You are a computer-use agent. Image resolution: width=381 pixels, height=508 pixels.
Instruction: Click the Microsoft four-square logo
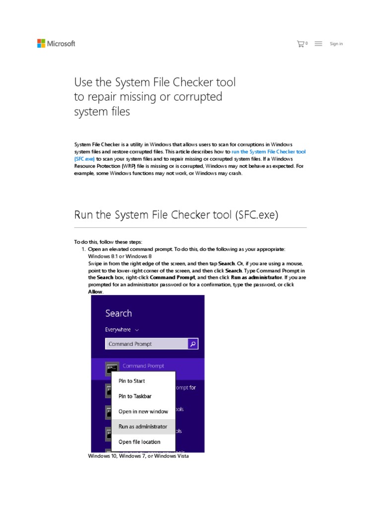(41, 44)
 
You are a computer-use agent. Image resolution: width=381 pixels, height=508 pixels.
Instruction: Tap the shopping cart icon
(300, 44)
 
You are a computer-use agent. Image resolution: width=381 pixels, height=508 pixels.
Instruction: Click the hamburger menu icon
(318, 44)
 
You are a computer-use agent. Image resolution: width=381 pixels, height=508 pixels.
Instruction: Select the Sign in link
(336, 44)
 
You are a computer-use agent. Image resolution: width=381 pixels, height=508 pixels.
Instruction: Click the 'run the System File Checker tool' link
(268, 151)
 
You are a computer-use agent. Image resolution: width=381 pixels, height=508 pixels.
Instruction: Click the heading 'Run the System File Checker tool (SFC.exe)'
(176, 215)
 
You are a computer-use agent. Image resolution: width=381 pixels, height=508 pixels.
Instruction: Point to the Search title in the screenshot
(119, 313)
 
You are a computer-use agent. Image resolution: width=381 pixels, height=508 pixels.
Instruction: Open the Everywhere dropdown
(122, 329)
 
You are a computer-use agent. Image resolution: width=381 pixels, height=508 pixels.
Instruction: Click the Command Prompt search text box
(146, 344)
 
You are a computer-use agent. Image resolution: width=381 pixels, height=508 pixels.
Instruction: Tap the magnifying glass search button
(193, 344)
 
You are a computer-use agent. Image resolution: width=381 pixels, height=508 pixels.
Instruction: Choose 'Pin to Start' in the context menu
(132, 381)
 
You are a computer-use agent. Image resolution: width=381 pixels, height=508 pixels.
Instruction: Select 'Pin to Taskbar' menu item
(135, 396)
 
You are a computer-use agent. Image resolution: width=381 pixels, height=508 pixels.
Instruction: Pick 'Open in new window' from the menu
(143, 411)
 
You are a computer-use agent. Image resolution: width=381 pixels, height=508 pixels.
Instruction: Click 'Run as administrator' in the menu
(143, 427)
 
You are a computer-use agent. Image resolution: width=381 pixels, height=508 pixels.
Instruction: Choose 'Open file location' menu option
(139, 442)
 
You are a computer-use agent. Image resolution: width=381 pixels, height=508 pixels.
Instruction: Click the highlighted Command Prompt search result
(144, 366)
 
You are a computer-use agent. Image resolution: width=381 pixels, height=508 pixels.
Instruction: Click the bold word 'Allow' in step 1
(96, 292)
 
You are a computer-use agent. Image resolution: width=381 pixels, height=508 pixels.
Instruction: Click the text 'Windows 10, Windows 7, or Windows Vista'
(138, 456)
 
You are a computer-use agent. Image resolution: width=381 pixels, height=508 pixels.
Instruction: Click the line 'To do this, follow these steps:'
(108, 242)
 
